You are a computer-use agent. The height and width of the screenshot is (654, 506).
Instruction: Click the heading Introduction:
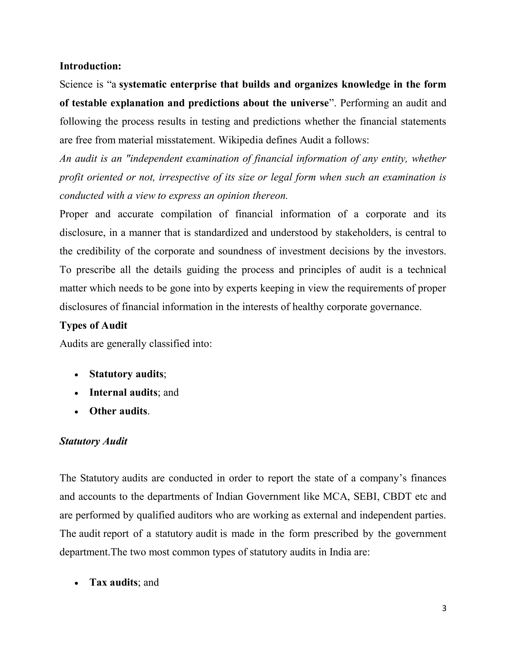tap(90, 66)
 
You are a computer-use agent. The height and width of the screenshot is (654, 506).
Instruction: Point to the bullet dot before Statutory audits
tap(77, 375)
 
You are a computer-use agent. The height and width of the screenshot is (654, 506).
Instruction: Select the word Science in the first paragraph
tap(76, 84)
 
